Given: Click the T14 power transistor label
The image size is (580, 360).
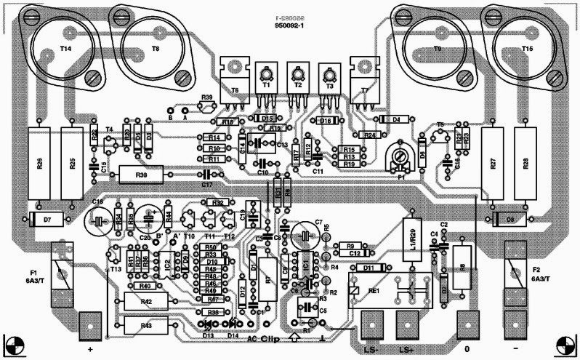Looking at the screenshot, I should click(x=65, y=49).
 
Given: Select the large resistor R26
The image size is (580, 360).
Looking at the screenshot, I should click(x=41, y=164).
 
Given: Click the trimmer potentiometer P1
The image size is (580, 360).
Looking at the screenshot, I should click(x=397, y=156).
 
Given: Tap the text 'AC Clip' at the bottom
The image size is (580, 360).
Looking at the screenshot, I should click(x=263, y=339).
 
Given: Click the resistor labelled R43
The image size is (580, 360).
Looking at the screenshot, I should click(x=146, y=324).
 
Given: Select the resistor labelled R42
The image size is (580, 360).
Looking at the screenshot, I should click(x=146, y=301).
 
